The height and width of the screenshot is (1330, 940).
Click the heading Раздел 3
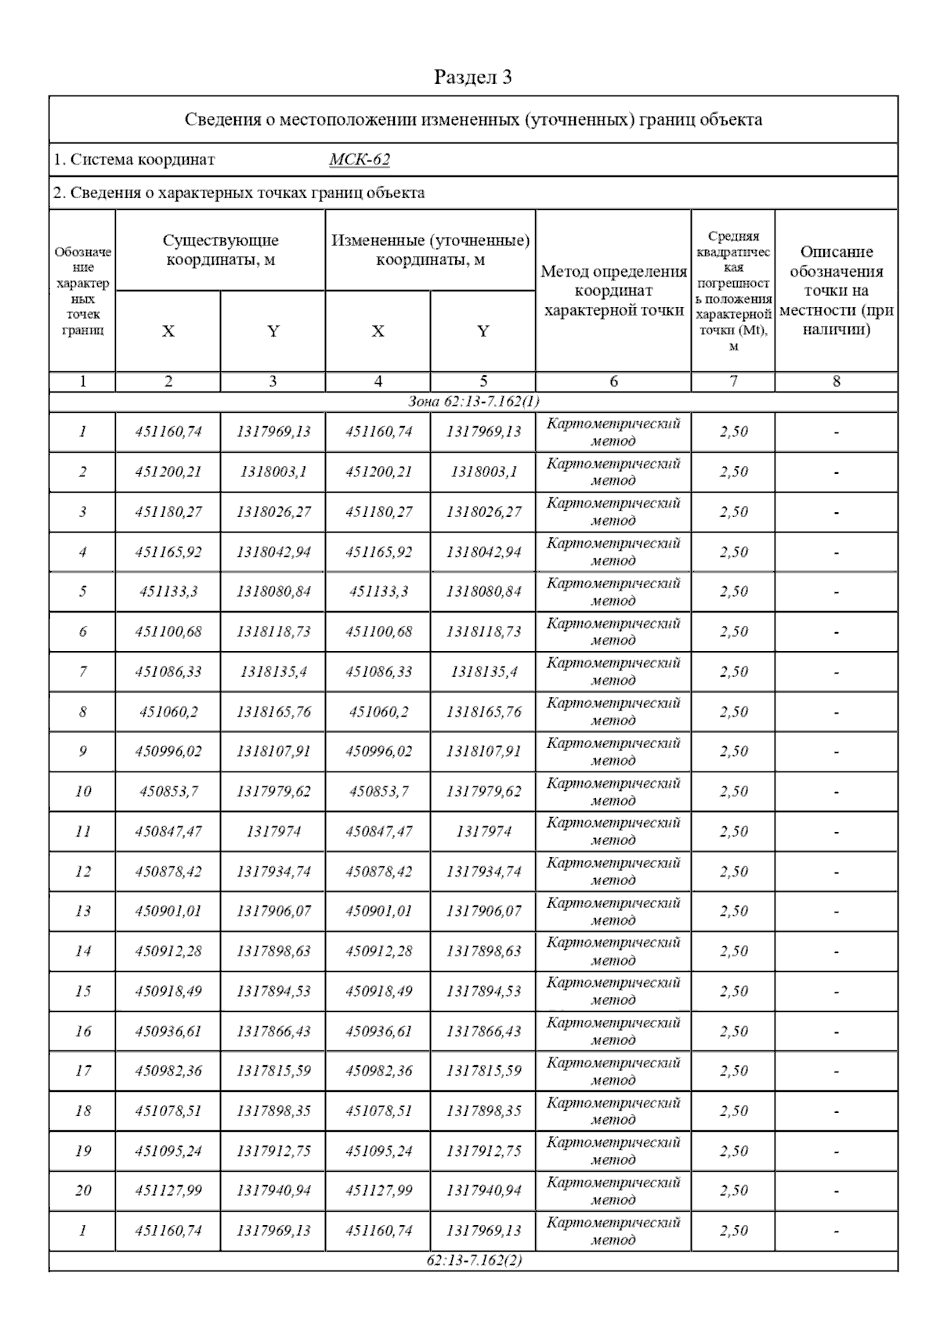[x=473, y=77]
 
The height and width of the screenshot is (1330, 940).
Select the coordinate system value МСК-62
[x=359, y=160]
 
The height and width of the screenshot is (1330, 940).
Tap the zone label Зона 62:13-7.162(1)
[x=473, y=402]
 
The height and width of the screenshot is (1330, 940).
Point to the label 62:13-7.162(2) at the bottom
[x=474, y=1260]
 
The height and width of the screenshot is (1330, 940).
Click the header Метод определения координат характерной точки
[x=613, y=291]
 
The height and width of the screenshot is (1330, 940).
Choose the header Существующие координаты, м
[x=220, y=250]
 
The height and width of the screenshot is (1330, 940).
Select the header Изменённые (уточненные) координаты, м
[x=430, y=250]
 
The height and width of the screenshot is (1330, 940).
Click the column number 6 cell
[x=613, y=381]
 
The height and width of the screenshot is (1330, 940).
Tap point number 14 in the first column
[x=83, y=951]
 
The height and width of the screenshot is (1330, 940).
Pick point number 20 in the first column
[x=83, y=1191]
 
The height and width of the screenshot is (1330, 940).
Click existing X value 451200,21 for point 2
[x=168, y=472]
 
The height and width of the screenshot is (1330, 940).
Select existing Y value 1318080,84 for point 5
[x=273, y=591]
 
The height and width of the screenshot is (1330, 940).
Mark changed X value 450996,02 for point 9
[x=378, y=751]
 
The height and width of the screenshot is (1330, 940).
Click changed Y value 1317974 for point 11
[x=483, y=831]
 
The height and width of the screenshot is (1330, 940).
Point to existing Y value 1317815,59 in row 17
[x=273, y=1071]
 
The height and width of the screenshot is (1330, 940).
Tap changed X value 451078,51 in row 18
[x=378, y=1111]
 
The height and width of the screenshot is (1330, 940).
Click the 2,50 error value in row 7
[x=733, y=671]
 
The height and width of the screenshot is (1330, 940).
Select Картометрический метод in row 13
[x=613, y=911]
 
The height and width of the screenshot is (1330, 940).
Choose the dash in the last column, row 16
[x=837, y=1032]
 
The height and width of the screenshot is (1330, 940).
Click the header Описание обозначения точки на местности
[x=837, y=291]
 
